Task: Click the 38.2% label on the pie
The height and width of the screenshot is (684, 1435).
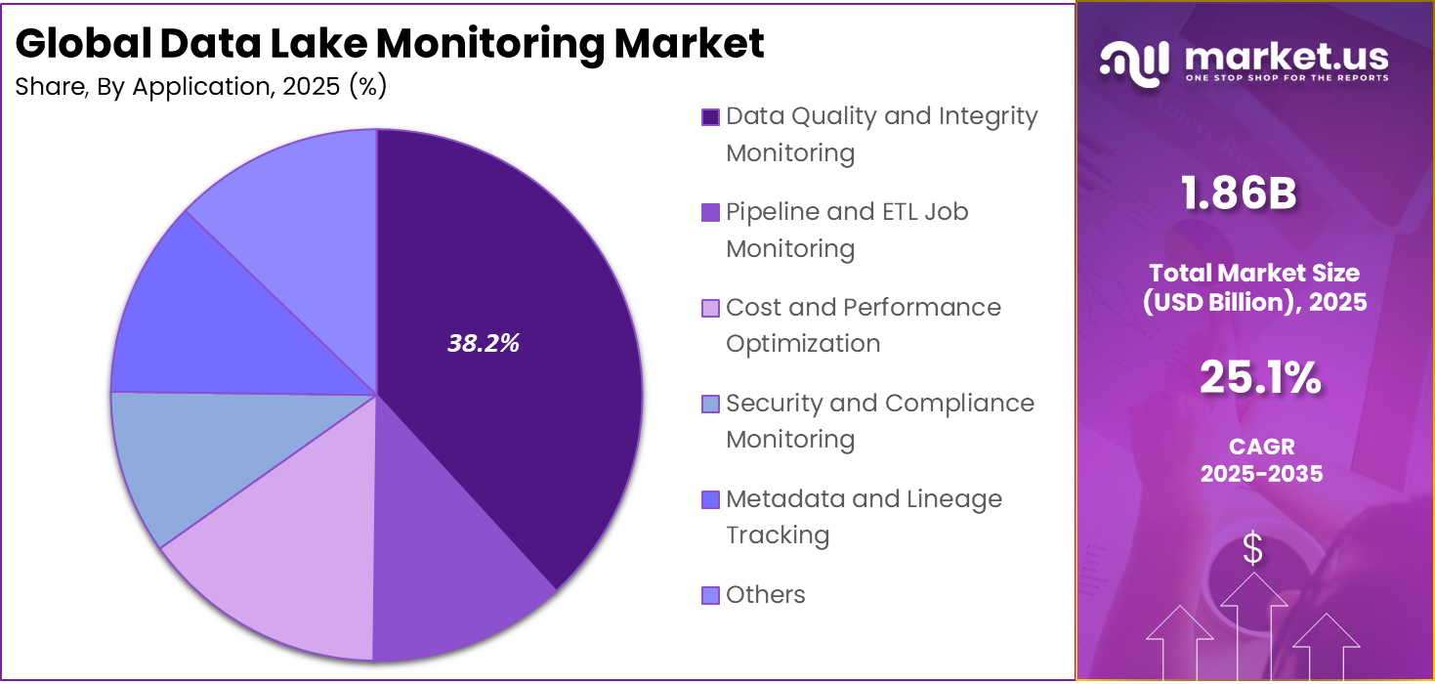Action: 483,343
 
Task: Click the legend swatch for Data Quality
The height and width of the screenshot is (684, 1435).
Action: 710,117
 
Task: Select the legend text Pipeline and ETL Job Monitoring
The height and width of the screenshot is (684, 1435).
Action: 846,230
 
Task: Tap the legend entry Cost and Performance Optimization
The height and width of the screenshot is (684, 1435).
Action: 863,324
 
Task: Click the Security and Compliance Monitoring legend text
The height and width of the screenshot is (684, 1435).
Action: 879,420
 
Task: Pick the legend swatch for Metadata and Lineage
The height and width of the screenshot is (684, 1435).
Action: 710,499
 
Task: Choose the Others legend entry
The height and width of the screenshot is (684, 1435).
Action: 765,594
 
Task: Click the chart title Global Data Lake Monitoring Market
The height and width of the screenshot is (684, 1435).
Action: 390,44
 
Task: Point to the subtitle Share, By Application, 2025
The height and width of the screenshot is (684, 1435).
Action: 201,87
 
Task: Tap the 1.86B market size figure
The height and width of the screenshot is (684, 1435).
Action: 1239,193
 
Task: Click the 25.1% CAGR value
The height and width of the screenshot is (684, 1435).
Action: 1260,378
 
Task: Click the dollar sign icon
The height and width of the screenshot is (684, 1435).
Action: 1251,549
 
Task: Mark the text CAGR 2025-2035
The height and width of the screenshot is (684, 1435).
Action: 1261,460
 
